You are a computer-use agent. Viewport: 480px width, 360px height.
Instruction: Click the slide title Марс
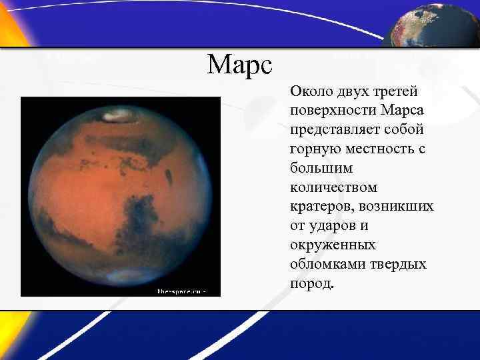239,65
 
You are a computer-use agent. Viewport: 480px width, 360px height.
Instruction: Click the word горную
315,148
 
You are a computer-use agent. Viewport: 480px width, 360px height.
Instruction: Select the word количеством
333,187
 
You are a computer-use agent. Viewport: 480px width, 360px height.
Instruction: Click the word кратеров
321,206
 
